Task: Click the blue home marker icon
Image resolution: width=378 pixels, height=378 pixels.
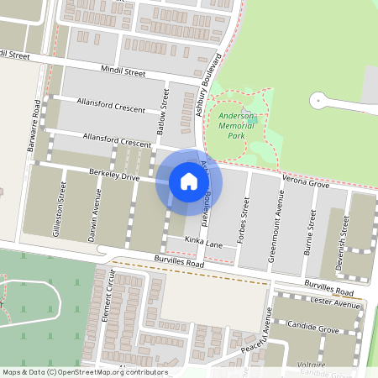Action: click(189, 181)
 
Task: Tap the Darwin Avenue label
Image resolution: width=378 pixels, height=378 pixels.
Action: click(97, 209)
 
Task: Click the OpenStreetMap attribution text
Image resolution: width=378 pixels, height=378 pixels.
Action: click(84, 372)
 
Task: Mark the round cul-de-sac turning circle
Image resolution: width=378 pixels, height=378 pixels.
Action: click(319, 101)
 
